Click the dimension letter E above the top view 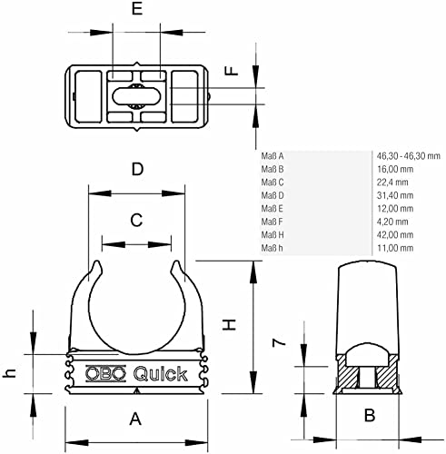click(x=137, y=9)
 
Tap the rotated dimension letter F click(x=233, y=71)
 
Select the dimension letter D click(x=137, y=169)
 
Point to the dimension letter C click(x=136, y=220)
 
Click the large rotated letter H click(x=229, y=325)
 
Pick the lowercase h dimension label click(x=9, y=372)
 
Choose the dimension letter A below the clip click(x=135, y=419)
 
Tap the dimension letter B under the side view click(x=370, y=415)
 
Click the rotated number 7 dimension click(x=279, y=342)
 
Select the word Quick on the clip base click(x=161, y=374)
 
